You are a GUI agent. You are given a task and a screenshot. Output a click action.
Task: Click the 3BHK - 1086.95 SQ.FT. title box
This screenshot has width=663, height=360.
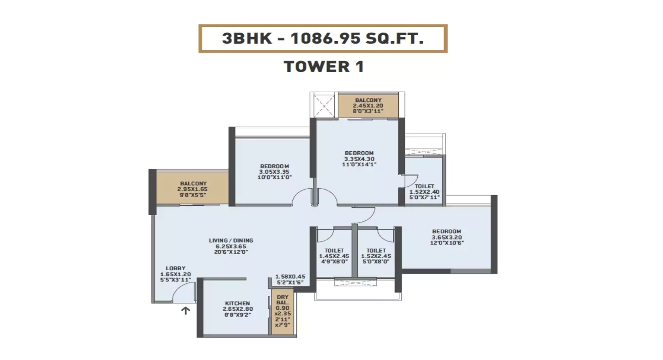pos(323,39)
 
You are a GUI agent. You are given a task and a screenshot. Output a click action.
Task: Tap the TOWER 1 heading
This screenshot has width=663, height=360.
pos(324,66)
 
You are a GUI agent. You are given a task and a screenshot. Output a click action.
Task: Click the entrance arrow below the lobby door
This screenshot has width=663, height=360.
pos(185,310)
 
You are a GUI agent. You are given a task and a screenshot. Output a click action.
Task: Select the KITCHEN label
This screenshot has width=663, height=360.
pos(237,303)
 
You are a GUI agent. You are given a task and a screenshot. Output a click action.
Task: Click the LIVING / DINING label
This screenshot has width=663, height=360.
pos(231,240)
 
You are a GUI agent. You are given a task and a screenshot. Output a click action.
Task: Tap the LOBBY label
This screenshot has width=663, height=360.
pos(175,268)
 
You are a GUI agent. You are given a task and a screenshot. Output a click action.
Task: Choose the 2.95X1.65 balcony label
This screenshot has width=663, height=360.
pos(194,189)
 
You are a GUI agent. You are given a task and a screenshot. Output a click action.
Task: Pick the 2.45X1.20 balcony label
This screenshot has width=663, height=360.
pos(369,106)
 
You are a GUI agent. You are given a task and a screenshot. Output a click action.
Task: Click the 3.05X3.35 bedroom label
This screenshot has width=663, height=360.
pos(274,172)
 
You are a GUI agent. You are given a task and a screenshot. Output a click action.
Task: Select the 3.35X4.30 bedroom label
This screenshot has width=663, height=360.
pos(359,159)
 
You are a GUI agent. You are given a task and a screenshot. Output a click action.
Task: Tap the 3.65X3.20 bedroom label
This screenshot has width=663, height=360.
pos(447,237)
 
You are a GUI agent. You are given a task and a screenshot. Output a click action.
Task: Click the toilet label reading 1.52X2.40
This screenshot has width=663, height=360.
pos(425,192)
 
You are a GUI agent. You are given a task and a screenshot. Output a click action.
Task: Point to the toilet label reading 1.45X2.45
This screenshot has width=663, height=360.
pos(334,256)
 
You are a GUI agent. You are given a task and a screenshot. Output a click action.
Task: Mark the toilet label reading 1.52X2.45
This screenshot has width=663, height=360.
pos(376,256)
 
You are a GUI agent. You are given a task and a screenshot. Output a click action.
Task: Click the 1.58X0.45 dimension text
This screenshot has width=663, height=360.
pos(291,276)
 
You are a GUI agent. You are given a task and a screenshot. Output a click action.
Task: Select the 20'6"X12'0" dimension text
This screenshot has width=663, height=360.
pos(231,252)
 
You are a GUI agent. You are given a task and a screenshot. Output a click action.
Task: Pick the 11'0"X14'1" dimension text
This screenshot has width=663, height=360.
pos(359,164)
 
